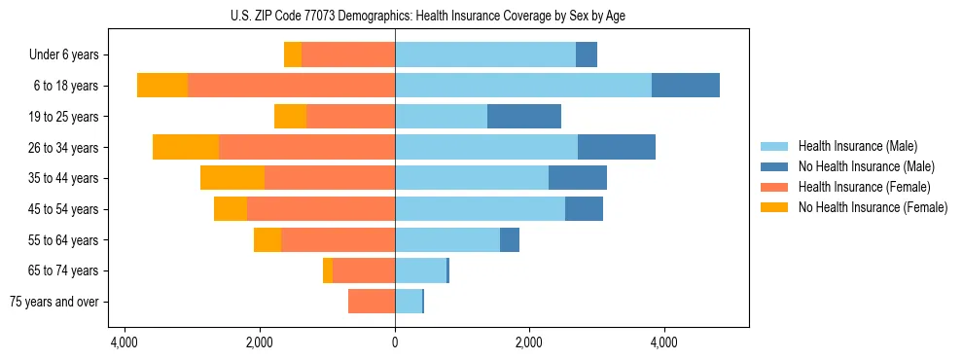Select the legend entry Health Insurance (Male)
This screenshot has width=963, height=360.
[857, 146]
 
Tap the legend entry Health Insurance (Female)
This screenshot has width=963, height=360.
[864, 187]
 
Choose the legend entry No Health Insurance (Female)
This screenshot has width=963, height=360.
[873, 207]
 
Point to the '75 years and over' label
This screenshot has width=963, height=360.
[54, 302]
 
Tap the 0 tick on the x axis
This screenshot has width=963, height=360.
[395, 343]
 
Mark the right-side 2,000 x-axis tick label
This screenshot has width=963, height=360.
[529, 343]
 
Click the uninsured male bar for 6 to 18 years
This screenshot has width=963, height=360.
[686, 86]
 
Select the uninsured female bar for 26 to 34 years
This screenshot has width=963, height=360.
[186, 147]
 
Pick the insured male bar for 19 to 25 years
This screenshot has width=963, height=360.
[441, 117]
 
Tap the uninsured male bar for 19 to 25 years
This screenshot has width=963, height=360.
[524, 117]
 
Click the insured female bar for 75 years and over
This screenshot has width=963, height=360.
[372, 302]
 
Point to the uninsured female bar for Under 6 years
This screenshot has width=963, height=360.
[293, 55]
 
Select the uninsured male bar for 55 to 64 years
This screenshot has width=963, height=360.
[510, 240]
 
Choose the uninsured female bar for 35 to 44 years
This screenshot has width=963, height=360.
[232, 178]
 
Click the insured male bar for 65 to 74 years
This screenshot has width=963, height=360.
[420, 270]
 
